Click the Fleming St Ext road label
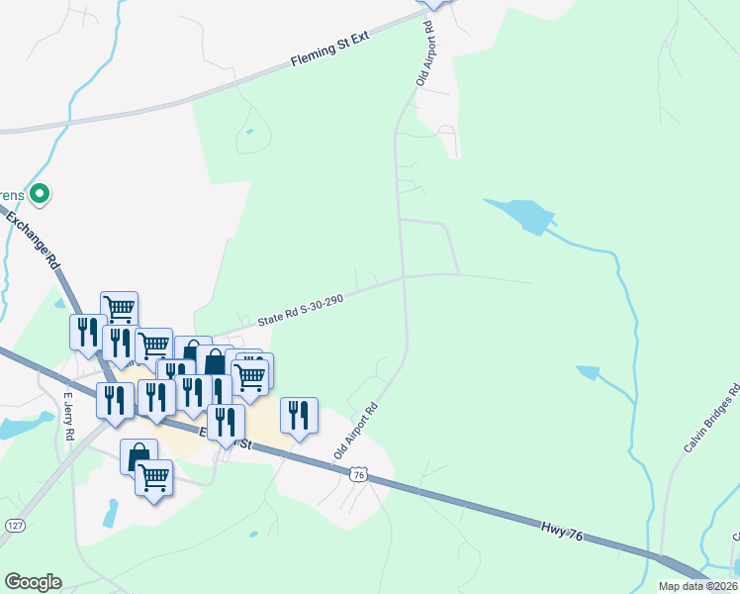[x=329, y=49]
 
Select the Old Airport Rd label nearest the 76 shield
[x=357, y=429]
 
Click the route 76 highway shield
[x=358, y=475]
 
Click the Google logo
[x=33, y=582]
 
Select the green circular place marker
[x=39, y=194]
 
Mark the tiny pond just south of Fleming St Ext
[x=249, y=132]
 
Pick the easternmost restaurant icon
[x=299, y=414]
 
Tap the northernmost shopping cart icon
[x=119, y=307]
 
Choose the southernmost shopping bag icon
[x=139, y=455]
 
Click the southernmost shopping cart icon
[x=153, y=477]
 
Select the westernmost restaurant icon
[x=86, y=331]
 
